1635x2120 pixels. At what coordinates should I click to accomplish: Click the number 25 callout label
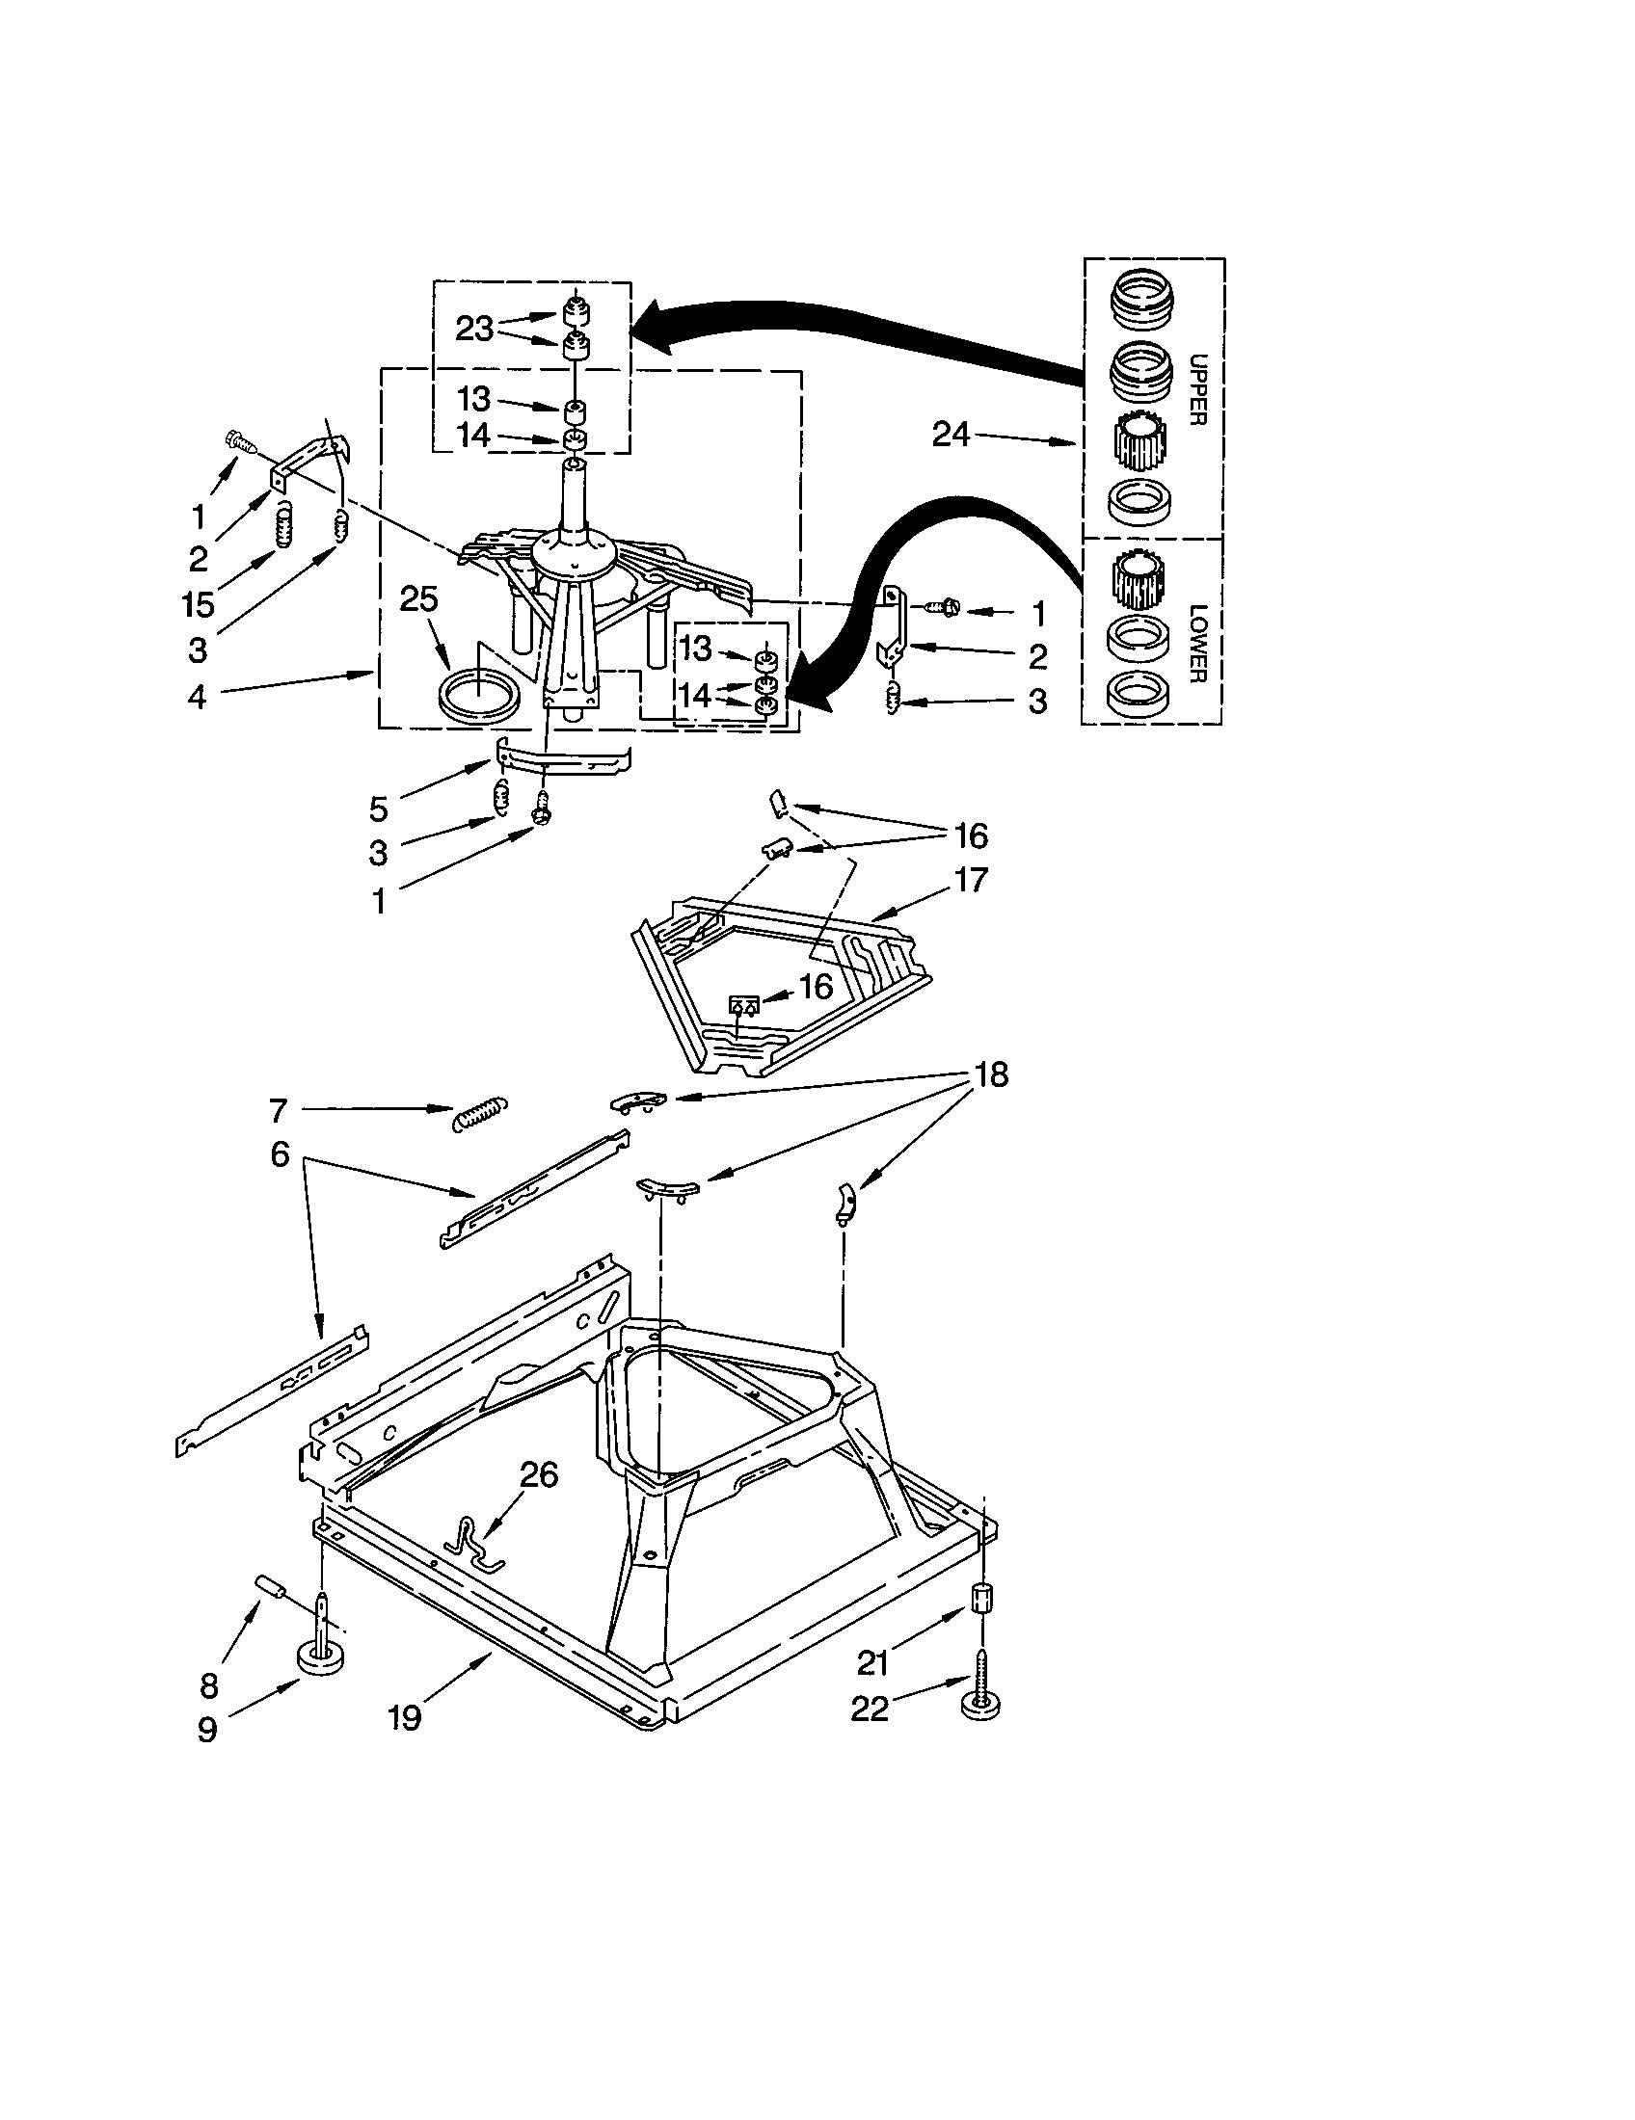pos(418,599)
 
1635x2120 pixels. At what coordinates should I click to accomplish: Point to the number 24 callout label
pos(951,435)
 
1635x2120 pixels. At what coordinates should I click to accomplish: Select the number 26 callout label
pos(539,1474)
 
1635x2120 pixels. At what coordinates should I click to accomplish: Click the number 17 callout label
pos(970,880)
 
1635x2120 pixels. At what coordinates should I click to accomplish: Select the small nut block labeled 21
pos(981,1597)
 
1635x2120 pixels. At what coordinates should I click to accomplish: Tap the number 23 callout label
pos(474,328)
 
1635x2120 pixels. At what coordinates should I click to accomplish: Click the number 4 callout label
pos(197,696)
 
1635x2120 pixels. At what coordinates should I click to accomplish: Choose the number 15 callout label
pos(197,604)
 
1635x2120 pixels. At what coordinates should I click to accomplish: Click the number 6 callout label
pos(280,1154)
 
